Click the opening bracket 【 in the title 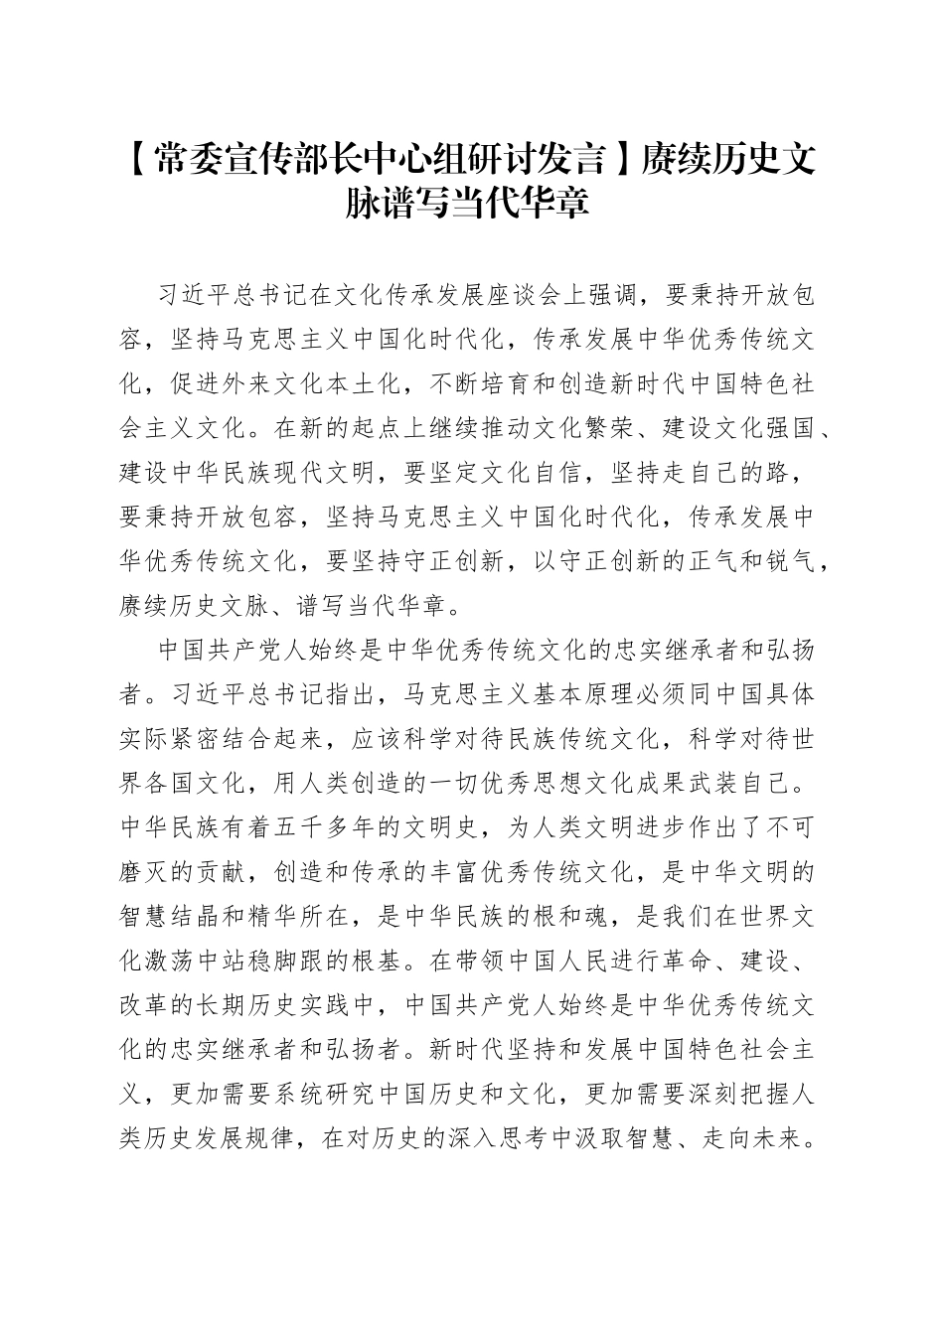coord(140,157)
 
